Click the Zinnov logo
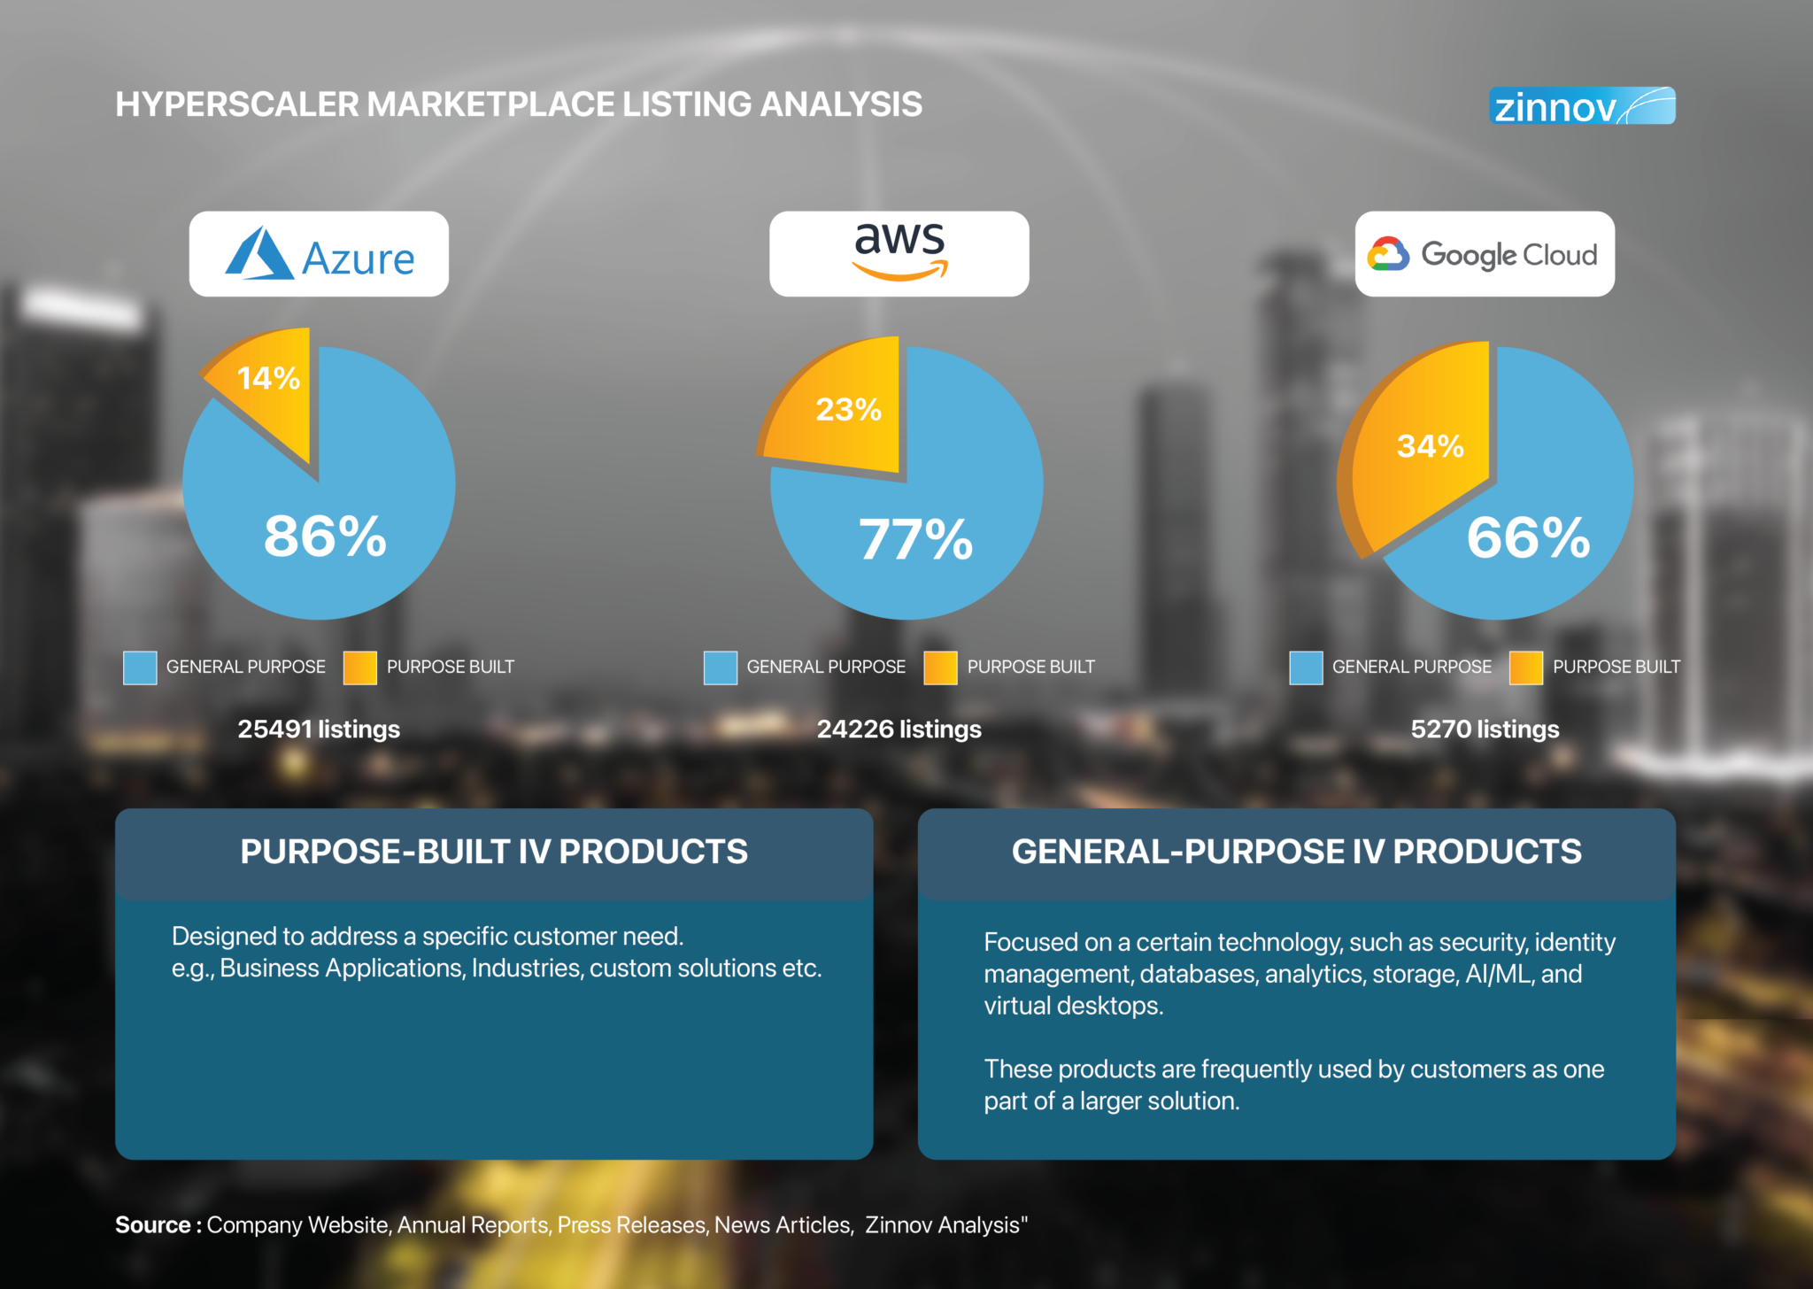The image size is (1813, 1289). pos(1582,106)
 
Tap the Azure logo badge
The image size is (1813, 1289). pos(319,254)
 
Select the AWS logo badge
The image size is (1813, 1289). pos(899,254)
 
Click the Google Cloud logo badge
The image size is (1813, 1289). pos(1485,254)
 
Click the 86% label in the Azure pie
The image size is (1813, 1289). pos(325,536)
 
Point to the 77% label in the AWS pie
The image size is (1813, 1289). pos(915,539)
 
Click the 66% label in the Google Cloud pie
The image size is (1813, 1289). pos(1528,537)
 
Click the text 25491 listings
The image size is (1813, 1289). pos(319,729)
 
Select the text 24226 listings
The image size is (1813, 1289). pos(899,729)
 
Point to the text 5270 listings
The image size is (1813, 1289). pos(1485,729)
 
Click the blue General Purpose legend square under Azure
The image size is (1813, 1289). pos(140,668)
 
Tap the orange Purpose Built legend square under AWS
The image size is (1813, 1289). pos(940,668)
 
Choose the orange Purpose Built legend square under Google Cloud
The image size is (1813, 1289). pos(1525,668)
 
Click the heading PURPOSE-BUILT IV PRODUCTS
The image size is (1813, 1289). pos(494,852)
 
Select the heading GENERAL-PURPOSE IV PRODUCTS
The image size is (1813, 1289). pos(1296,852)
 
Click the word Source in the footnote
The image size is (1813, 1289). pos(153,1225)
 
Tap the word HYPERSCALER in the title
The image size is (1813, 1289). pos(237,104)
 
